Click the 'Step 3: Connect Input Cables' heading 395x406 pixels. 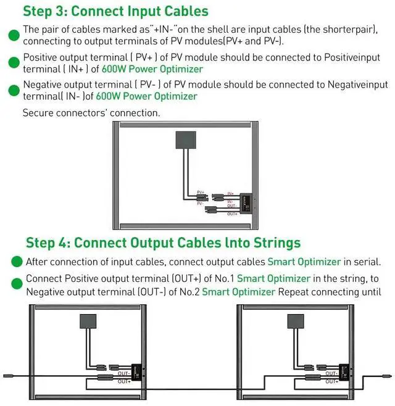[115, 11]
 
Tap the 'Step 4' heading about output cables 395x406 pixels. [163, 242]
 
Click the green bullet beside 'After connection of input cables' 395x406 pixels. [17, 262]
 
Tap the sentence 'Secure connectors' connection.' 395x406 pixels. [91, 113]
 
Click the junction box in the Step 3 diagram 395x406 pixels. [186, 141]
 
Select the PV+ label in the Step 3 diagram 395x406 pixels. [201, 192]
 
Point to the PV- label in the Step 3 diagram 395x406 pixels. [201, 203]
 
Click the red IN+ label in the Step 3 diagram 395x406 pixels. [230, 193]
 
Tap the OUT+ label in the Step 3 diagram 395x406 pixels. [232, 213]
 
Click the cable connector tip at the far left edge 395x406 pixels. [6, 375]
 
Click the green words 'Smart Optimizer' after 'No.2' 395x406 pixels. [238, 291]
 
